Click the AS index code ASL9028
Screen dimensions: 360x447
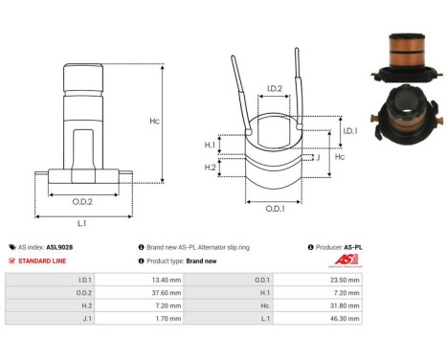tap(59, 246)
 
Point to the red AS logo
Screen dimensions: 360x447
tap(350, 260)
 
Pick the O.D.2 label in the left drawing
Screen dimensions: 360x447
tap(82, 202)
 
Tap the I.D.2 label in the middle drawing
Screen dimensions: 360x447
tap(274, 89)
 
